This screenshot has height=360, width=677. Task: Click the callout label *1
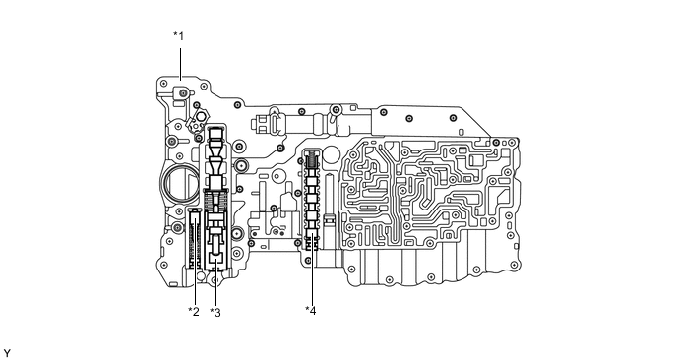(178, 36)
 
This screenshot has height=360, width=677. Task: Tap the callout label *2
(194, 312)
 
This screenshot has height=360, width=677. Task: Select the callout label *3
(215, 312)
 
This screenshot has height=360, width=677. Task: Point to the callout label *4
(311, 312)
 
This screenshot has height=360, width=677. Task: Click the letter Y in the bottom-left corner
(7, 351)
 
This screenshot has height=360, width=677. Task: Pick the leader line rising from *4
(311, 280)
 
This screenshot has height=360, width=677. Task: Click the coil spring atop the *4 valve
(311, 159)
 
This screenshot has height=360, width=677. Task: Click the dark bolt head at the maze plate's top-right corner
(500, 140)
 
